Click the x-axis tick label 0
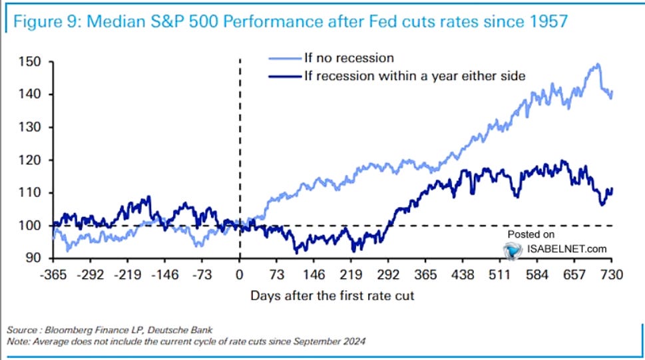click(x=239, y=274)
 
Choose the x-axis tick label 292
click(x=388, y=274)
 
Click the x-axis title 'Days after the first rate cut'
click(x=332, y=295)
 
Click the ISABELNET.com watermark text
click(x=566, y=249)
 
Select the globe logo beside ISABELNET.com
click(x=512, y=250)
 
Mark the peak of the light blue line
click(x=598, y=65)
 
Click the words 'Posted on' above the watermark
click(x=531, y=234)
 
